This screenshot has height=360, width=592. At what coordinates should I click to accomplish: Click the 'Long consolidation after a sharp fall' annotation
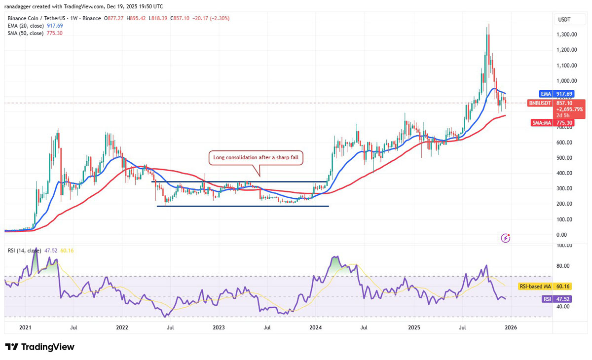pyautogui.click(x=256, y=158)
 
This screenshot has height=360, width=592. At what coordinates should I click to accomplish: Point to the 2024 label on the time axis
pyautogui.click(x=316, y=327)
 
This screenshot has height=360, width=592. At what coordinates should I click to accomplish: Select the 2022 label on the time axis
pyautogui.click(x=122, y=327)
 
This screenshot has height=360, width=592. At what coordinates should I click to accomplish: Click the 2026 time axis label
pyautogui.click(x=510, y=327)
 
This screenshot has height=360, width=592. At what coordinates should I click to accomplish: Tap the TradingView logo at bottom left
pyautogui.click(x=39, y=347)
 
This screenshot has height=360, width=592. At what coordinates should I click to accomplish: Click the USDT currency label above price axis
pyautogui.click(x=563, y=19)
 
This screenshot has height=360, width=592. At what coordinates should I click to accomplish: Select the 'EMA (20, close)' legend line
pyautogui.click(x=36, y=26)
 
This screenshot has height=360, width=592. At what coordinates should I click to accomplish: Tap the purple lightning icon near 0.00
pyautogui.click(x=505, y=238)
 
